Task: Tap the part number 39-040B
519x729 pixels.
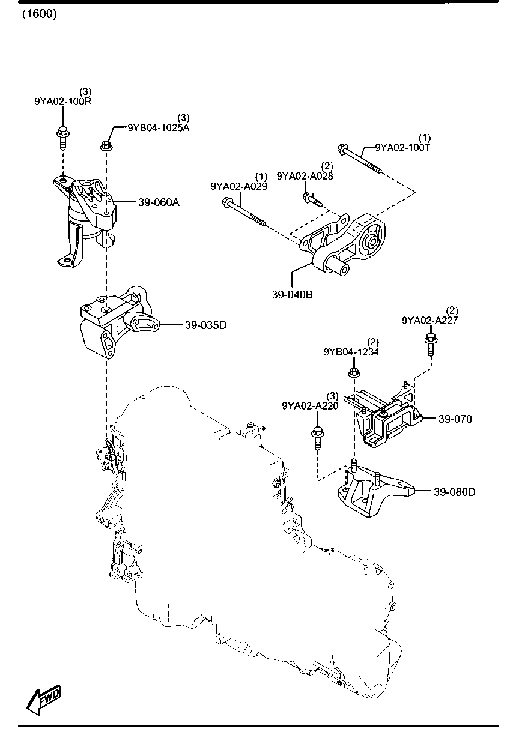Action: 292,295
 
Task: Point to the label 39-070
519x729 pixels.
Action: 455,419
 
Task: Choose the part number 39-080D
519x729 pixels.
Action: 454,492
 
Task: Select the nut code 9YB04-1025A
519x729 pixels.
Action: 157,127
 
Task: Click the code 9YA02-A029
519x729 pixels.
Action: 238,186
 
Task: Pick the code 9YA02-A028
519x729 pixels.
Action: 305,175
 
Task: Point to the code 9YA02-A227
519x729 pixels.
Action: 430,321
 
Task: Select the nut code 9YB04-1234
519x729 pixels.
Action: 351,352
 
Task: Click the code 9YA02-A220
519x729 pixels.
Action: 310,406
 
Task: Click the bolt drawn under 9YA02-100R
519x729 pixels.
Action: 62,137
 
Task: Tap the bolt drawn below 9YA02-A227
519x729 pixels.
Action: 431,345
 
